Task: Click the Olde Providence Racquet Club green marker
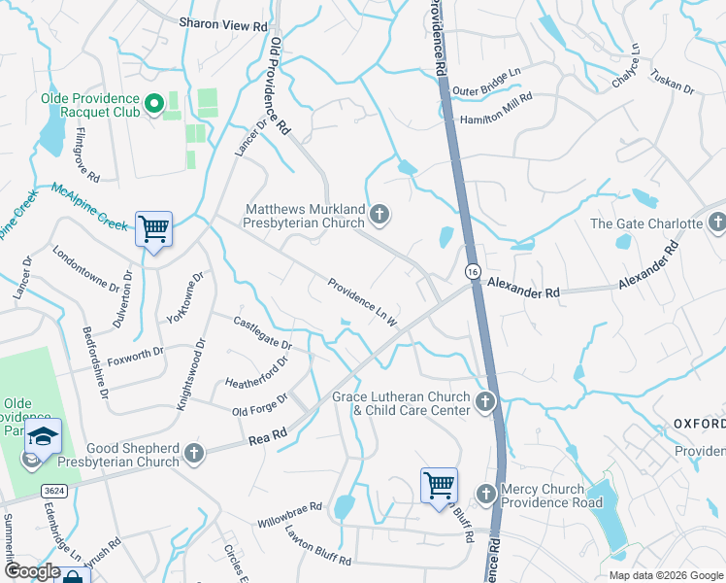coord(153,103)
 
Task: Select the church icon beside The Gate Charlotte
coord(716,223)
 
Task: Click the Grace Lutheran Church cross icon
coord(485,401)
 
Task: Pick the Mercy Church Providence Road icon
coord(486,496)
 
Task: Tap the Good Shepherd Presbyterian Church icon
coord(194,453)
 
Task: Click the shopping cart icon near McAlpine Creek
coord(153,229)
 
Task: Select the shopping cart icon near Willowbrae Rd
coord(439,484)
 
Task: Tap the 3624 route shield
coord(53,492)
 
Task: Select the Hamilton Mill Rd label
coord(497,107)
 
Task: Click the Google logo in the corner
coord(32,571)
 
